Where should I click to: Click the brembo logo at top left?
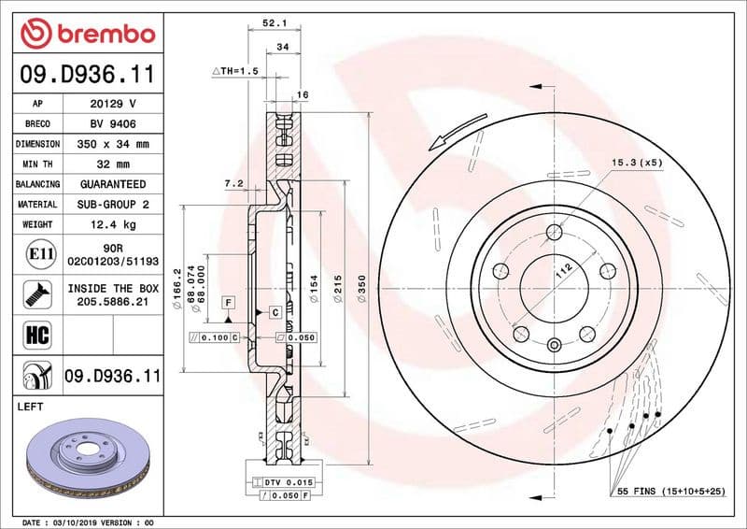(87, 34)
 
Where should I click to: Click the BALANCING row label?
(37, 185)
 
